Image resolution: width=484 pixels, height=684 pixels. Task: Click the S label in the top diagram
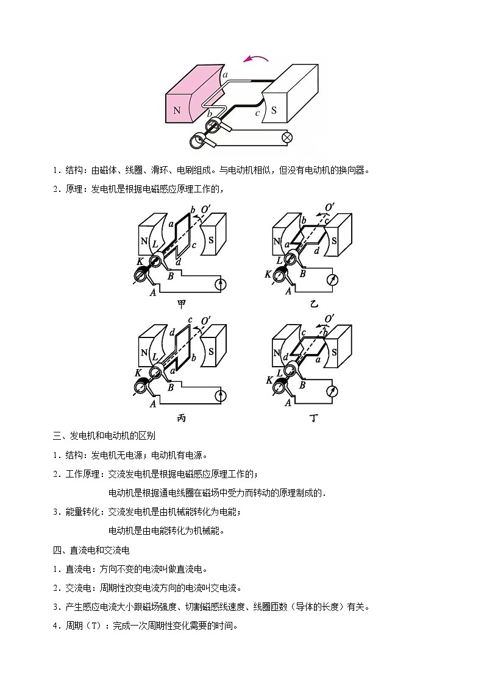(274, 110)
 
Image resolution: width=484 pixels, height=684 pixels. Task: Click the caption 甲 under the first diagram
(181, 305)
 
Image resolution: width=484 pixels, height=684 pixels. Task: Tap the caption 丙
(181, 418)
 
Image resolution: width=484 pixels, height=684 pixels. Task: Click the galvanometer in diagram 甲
(222, 283)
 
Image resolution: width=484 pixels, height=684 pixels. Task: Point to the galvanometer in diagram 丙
(222, 397)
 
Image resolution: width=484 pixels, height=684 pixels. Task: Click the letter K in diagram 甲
(140, 261)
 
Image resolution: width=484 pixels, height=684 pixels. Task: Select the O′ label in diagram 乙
(330, 208)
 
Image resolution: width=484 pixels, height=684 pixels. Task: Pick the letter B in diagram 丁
(302, 385)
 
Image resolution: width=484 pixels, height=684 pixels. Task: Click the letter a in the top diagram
(225, 75)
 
